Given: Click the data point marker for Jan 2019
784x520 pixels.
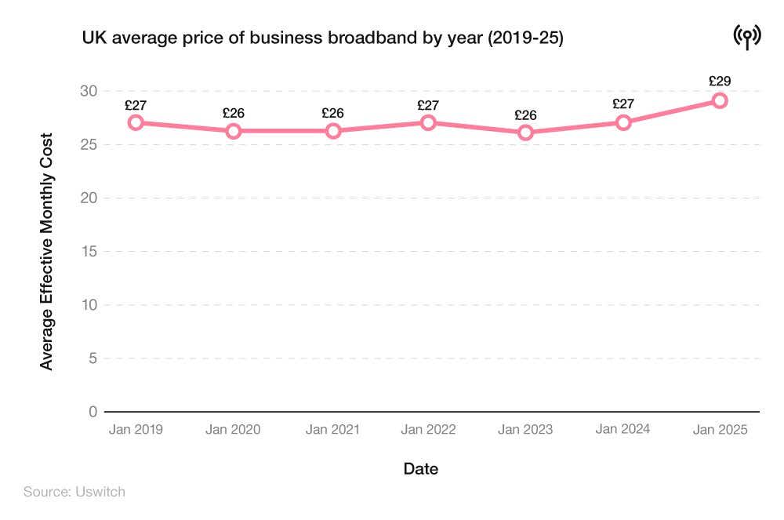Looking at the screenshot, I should [136, 122].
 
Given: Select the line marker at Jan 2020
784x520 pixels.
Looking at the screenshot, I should [233, 131].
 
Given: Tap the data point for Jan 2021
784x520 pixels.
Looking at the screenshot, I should [333, 131].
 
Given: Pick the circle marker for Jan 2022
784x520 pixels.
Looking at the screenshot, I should [428, 122].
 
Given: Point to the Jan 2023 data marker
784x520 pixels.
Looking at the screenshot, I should [525, 133].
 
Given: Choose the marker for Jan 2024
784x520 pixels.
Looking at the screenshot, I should [623, 122].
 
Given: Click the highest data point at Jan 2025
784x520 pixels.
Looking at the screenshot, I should [720, 100].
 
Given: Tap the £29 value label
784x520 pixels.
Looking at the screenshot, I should [720, 81].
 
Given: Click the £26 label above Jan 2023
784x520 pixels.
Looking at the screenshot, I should [525, 115].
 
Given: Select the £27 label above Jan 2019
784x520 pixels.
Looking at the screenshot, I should [136, 105].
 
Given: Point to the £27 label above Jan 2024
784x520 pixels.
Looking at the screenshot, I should [623, 104].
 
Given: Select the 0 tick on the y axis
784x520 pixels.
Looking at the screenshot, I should [93, 412].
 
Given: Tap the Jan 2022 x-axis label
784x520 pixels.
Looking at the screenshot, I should [428, 430].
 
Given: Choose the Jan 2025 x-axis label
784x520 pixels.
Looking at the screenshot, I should [720, 430].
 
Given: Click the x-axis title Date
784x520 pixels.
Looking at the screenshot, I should [421, 469].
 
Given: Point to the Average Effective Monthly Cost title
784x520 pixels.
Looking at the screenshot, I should [47, 251].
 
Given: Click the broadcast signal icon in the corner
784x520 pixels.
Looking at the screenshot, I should [747, 36].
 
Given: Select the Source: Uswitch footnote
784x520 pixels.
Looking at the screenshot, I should [74, 492].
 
